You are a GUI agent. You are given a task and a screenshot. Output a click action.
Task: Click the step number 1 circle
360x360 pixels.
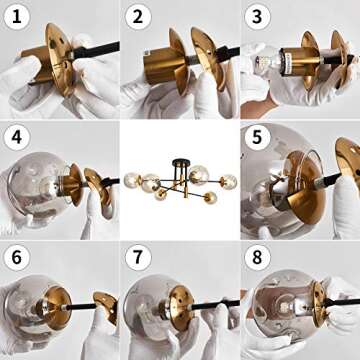[16, 16]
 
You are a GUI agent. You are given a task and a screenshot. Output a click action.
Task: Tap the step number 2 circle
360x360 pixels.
[137, 16]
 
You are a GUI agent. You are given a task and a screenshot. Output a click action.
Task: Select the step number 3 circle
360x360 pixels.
[257, 16]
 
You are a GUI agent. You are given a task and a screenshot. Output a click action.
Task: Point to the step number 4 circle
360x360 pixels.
[16, 136]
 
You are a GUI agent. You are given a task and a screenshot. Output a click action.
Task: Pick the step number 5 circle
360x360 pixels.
[257, 136]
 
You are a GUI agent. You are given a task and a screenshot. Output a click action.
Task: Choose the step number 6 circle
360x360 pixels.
[16, 257]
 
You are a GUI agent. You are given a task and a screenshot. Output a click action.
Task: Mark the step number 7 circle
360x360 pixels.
[137, 257]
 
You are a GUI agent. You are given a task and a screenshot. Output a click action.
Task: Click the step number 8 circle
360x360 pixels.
[257, 257]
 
